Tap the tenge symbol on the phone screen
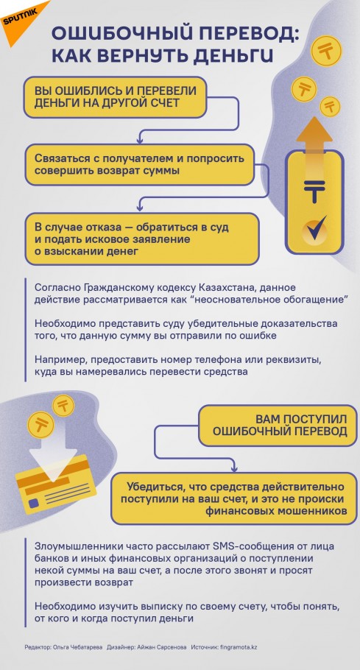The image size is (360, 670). pos(315,189)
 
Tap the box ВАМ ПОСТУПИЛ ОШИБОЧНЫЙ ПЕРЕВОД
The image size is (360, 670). pos(278,425)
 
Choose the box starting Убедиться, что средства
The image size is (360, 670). pos(234,498)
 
